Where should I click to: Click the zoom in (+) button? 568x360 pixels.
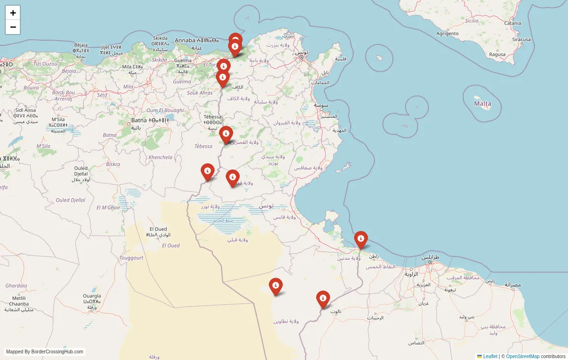13,13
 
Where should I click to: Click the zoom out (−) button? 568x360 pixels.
13,27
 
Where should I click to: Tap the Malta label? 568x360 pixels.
483,104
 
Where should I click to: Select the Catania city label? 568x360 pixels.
513,23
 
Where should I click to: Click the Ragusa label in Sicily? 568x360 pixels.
497,54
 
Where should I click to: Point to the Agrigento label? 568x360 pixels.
447,34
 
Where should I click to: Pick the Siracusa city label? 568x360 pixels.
521,40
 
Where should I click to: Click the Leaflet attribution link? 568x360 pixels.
490,356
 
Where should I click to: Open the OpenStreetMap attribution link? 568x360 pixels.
523,356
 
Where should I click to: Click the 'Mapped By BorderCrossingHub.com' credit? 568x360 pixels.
45,351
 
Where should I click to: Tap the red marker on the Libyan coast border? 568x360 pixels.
361,239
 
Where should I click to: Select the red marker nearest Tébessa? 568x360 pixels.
226,134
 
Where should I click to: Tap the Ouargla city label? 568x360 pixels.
92,296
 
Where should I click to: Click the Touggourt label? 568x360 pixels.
131,258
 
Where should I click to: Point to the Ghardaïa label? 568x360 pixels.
16,286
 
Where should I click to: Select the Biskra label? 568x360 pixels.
113,164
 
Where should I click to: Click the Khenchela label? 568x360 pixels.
160,157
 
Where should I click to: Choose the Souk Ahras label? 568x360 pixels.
200,93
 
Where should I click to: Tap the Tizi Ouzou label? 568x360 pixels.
45,63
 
